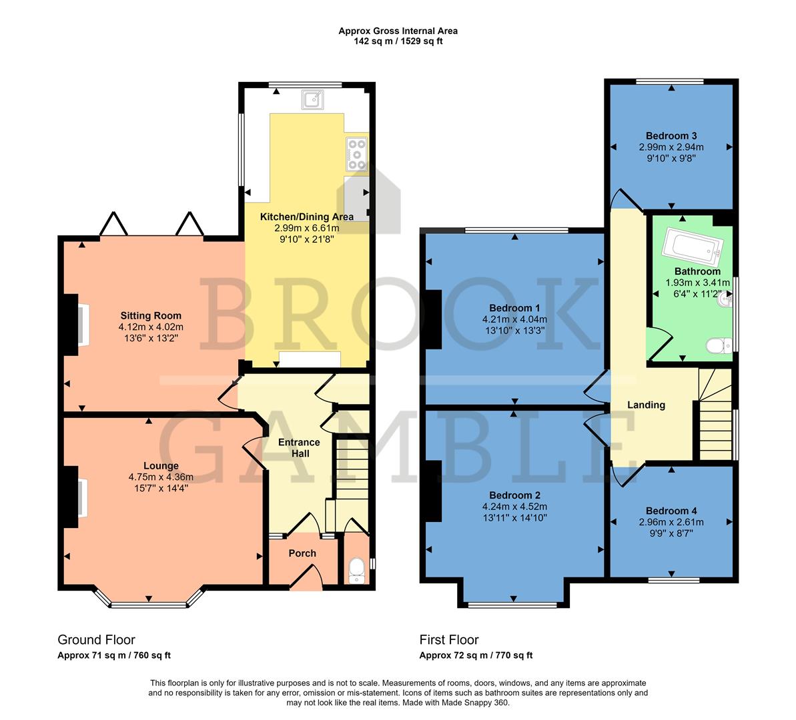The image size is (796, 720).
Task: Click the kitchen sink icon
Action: [x=312, y=100]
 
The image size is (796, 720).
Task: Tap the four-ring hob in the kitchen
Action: [x=356, y=154]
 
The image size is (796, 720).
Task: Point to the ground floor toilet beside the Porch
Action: [x=357, y=570]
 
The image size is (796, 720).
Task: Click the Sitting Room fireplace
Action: [x=83, y=325]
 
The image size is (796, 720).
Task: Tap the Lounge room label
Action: [x=161, y=466]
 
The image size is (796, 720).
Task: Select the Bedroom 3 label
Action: [x=671, y=136]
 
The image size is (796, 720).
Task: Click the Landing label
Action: [x=646, y=405]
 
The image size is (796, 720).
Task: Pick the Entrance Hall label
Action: [x=299, y=447]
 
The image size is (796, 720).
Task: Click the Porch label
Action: [x=302, y=553]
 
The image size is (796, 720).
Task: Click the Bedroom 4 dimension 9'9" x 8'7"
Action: [x=671, y=533]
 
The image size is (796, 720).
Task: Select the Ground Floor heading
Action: [x=96, y=640]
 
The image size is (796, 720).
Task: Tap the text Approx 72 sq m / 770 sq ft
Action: [x=476, y=655]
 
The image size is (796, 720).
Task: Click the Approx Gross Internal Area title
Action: [x=398, y=31]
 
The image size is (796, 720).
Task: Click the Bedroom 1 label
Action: [x=514, y=308]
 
